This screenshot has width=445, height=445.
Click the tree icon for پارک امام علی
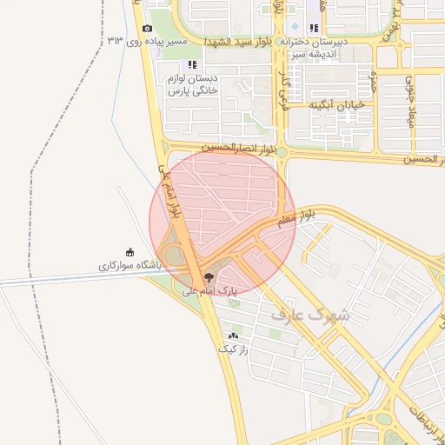(208, 276)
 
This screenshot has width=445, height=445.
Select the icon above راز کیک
(233, 335)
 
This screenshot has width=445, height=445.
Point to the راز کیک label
(233, 349)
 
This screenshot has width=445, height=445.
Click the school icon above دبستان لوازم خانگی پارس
(192, 65)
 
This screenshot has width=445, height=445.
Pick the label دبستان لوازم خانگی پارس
(193, 84)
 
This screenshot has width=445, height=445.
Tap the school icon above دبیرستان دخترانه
(314, 29)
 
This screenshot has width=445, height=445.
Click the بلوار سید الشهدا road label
(238, 42)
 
